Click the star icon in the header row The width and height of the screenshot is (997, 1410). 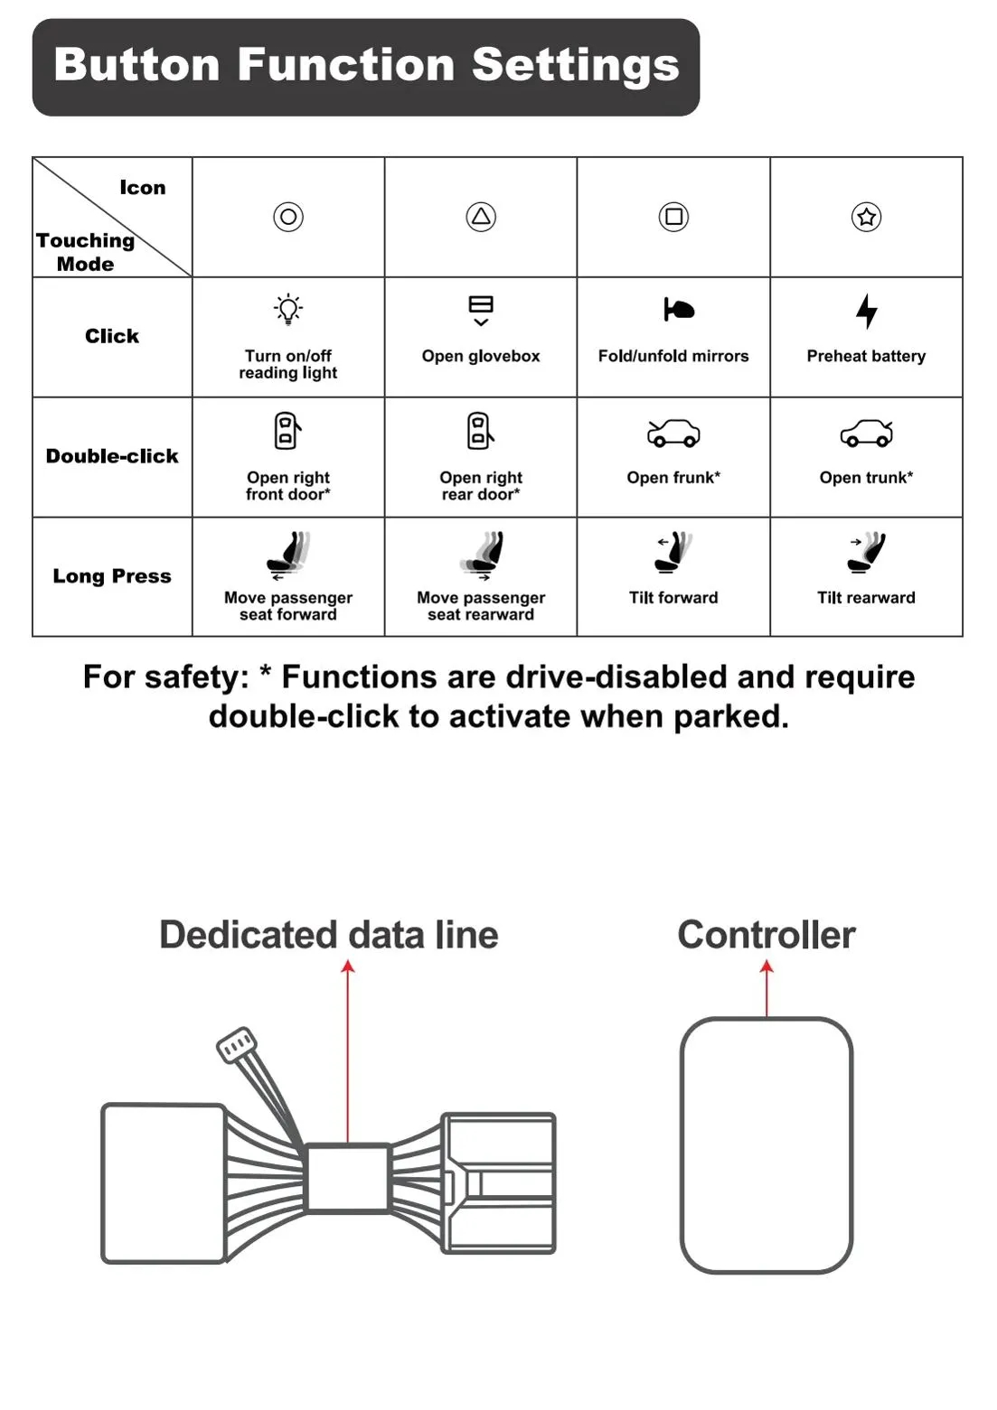pos(866,217)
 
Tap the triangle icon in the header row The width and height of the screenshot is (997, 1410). pos(481,217)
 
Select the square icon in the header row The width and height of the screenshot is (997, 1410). pos(673,217)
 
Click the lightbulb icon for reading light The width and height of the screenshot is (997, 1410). pos(288,310)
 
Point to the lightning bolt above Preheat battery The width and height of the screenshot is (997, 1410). pos(866,312)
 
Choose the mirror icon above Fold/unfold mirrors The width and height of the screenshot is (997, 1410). pos(679,310)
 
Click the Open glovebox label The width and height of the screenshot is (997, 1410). pos(481,356)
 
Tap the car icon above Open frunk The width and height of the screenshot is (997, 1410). pos(673,434)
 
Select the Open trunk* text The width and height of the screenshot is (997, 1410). pos(866,478)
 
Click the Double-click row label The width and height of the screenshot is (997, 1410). pos(112,456)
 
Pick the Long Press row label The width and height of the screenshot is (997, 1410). pos(112,576)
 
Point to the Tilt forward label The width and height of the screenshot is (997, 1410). pos(673,598)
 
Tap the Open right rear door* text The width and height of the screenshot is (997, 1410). pos(481,486)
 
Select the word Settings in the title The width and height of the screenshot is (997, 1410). pos(575,65)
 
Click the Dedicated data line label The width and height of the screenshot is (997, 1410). pos(328,935)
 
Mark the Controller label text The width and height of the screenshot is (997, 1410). pos(767,935)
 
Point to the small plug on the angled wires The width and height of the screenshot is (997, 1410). pos(236,1045)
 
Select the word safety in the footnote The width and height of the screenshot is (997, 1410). pos(198,677)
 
